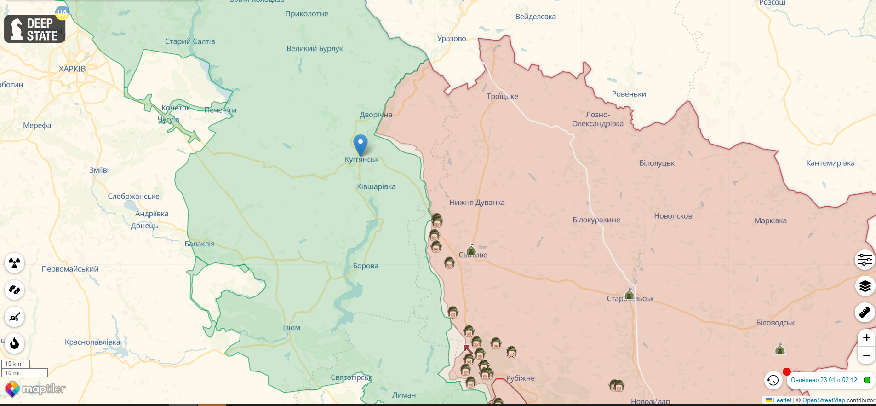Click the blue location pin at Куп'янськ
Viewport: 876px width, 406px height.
click(361, 145)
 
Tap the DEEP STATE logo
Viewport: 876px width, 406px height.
click(35, 29)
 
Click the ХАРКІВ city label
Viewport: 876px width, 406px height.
click(72, 69)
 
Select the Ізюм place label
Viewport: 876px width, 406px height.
click(291, 328)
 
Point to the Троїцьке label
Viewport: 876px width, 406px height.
click(502, 96)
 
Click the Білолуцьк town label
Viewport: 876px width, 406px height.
click(657, 163)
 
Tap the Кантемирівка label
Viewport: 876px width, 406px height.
click(830, 163)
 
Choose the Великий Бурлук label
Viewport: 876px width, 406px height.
click(315, 48)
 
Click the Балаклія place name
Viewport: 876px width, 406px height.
click(200, 244)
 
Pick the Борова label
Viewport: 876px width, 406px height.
click(366, 266)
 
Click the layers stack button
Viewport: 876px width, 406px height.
click(865, 286)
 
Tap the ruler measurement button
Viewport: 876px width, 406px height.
click(865, 313)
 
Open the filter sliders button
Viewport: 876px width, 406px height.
click(865, 260)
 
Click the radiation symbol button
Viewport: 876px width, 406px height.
click(15, 263)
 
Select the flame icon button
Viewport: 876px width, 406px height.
click(15, 343)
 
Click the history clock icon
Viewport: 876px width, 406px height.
click(773, 380)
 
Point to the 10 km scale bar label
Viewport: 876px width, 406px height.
click(13, 364)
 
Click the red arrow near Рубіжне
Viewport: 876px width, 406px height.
click(468, 349)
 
